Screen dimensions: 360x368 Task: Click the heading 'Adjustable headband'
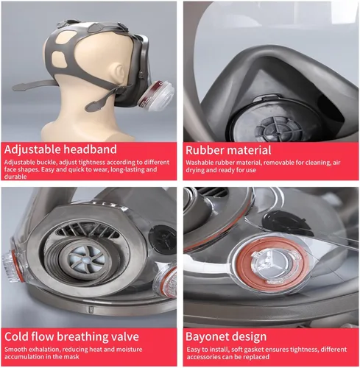click(x=60, y=149)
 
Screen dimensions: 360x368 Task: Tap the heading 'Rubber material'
click(x=228, y=150)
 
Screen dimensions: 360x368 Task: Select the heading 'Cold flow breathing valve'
click(x=71, y=337)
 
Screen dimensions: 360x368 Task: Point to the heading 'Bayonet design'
click(x=226, y=337)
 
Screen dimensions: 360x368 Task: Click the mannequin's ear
click(x=120, y=73)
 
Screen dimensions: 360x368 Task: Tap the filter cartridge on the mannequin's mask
click(x=156, y=96)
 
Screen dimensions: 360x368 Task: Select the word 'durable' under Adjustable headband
click(x=15, y=177)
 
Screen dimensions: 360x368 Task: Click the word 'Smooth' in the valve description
click(x=15, y=350)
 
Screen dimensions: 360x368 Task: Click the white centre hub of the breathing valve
click(x=85, y=260)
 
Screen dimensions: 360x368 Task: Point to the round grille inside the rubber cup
click(x=278, y=129)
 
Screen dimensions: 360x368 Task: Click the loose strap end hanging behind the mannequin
click(x=34, y=84)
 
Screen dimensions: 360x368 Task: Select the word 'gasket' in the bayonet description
click(x=251, y=350)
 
